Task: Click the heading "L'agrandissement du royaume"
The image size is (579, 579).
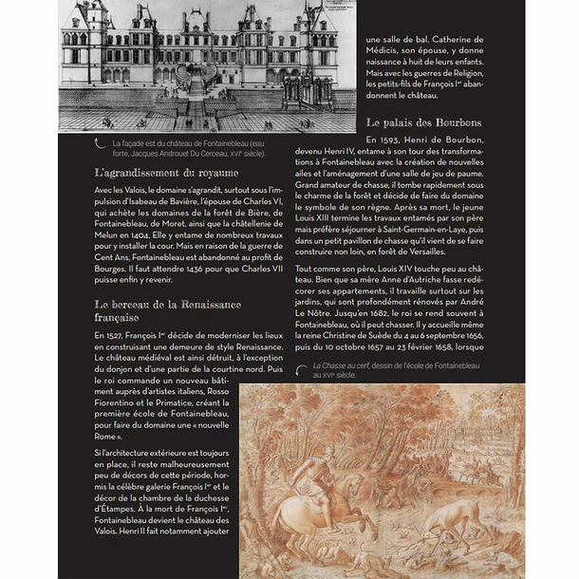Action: coord(166,173)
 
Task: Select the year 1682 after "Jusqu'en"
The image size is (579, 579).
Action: coord(436,312)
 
